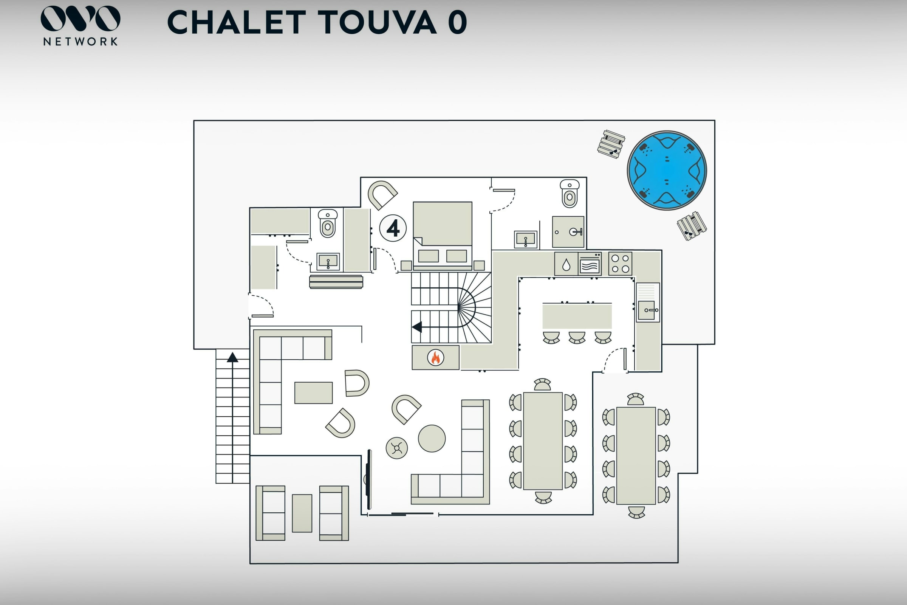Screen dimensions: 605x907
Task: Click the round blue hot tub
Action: pyautogui.click(x=667, y=170)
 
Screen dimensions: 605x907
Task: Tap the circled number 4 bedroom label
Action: pyautogui.click(x=393, y=228)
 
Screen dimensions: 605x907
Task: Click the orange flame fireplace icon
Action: pyautogui.click(x=435, y=357)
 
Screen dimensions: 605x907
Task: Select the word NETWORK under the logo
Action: pyautogui.click(x=80, y=42)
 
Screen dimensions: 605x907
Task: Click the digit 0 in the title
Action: pyautogui.click(x=457, y=22)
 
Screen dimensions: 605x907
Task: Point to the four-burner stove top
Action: pyautogui.click(x=620, y=264)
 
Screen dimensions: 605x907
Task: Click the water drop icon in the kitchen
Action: pyautogui.click(x=566, y=264)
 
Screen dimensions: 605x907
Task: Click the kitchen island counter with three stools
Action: pyautogui.click(x=577, y=316)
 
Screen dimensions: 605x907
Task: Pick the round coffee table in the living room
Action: pyautogui.click(x=432, y=438)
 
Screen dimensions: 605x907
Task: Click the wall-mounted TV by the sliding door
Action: pyautogui.click(x=369, y=479)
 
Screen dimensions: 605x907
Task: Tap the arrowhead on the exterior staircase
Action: pyautogui.click(x=232, y=358)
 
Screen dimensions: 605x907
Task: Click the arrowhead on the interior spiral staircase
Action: pyautogui.click(x=417, y=327)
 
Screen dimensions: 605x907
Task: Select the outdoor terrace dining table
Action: pyautogui.click(x=636, y=456)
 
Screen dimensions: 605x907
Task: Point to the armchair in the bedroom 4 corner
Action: pyautogui.click(x=381, y=194)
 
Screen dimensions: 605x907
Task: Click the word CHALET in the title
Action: pyautogui.click(x=237, y=22)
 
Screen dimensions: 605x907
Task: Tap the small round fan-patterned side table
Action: pyautogui.click(x=396, y=448)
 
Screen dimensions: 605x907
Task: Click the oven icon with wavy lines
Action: pyautogui.click(x=589, y=264)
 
